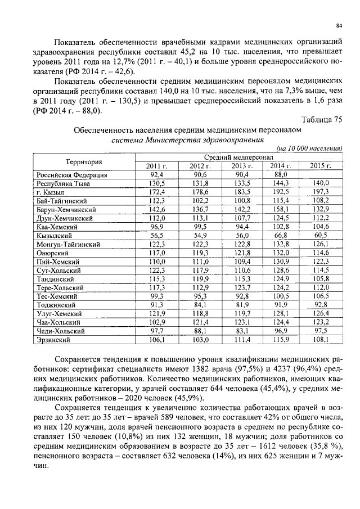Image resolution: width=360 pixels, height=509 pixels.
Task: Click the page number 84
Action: pos(339,25)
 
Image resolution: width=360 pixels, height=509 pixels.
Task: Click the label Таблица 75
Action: pos(322,119)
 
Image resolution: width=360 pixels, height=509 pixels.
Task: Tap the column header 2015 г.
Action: pos(321,166)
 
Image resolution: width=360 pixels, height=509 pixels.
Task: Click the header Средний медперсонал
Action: pos(238,157)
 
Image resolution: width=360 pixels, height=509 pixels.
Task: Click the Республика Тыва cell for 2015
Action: pos(321,183)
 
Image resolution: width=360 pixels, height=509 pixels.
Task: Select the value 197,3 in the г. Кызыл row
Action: pos(321,192)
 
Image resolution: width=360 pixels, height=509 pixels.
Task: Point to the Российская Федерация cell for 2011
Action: pos(156,175)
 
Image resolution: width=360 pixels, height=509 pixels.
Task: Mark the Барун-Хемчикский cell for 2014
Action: pos(280,210)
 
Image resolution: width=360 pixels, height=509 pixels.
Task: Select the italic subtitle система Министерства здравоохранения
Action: pos(188,140)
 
